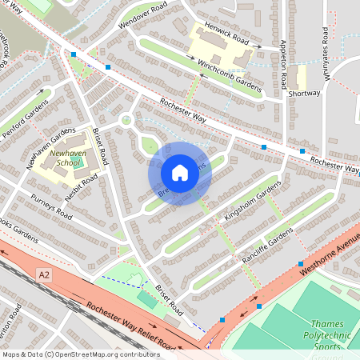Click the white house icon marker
point(180,173)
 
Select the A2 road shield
point(46,274)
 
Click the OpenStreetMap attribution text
point(81,354)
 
